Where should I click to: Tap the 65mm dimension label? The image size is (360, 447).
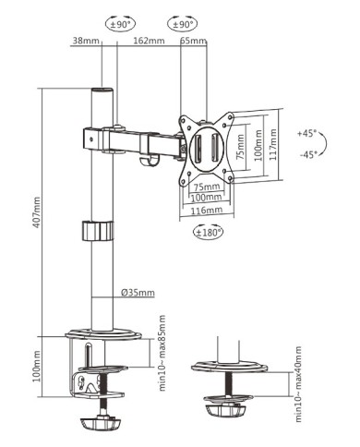tap(193, 42)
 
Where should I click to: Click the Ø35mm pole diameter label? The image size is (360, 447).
tap(138, 293)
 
